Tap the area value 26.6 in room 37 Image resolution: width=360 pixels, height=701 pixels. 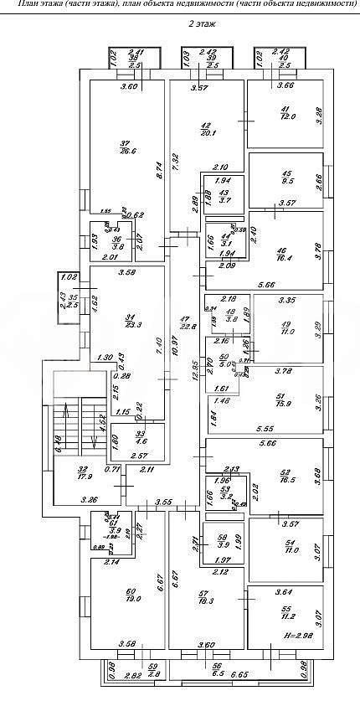point(127,151)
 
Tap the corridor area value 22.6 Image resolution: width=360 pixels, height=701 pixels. point(187,327)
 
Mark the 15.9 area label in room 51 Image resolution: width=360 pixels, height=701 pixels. point(285,405)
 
